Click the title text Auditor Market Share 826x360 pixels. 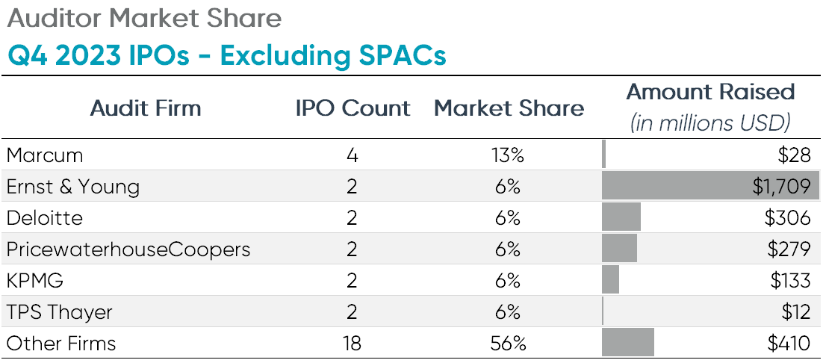tap(143, 18)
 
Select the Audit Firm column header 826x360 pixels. tap(146, 108)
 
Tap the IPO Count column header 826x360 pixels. tap(353, 108)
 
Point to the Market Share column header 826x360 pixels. tap(509, 108)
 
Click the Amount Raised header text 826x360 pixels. tap(710, 92)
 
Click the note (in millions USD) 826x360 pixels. tap(710, 122)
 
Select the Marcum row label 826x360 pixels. tap(45, 155)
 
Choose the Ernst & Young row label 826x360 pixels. tap(73, 187)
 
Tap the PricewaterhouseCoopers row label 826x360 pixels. tap(128, 249)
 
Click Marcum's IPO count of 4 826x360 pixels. tap(353, 155)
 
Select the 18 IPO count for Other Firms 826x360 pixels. tap(353, 344)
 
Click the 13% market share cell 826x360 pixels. tap(509, 155)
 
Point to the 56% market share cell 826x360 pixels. tap(509, 344)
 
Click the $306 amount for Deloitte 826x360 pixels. tap(787, 218)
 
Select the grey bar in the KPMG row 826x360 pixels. tap(611, 281)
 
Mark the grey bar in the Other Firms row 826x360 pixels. tap(628, 344)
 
